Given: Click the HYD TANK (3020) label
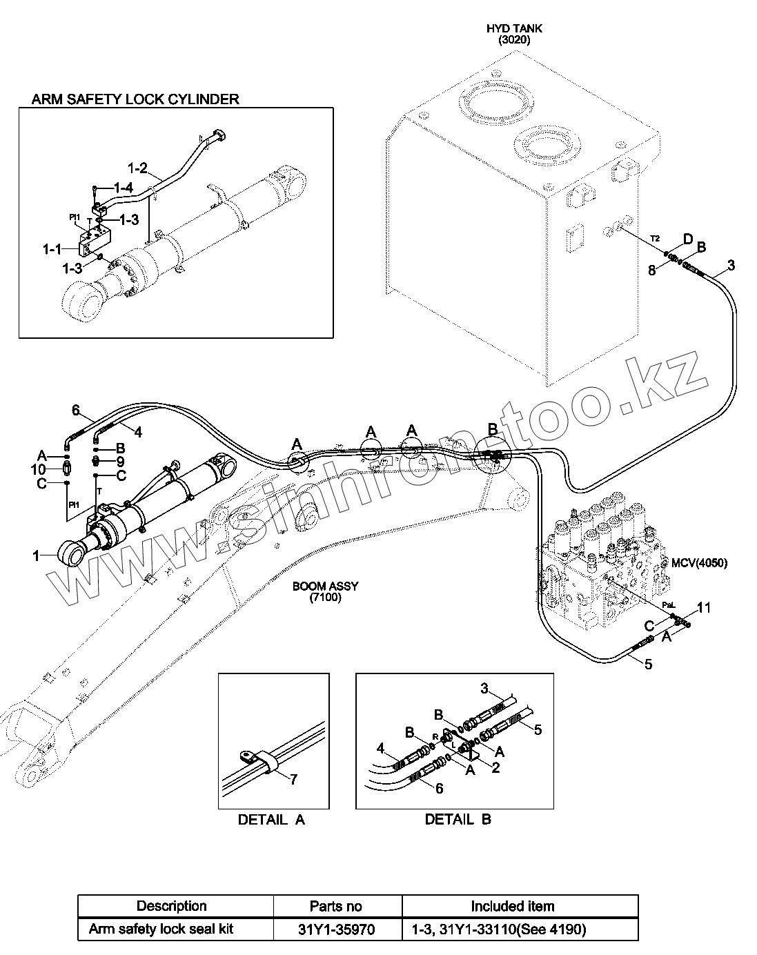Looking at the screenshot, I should coord(514,35).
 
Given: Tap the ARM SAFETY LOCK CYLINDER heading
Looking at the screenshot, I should coord(135,99).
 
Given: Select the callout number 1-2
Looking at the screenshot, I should coord(138,168).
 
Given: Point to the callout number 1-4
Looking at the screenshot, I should coord(123,188).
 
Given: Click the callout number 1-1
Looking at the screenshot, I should coord(52,247).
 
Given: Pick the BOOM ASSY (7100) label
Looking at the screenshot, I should coord(325,592).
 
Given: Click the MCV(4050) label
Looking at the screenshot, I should coord(699,562).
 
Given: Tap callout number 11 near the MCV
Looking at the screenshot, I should coord(703,608).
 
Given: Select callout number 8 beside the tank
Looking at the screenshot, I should coord(651,270).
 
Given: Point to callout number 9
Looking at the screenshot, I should coord(120,461).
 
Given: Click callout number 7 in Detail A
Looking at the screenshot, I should coord(293,780).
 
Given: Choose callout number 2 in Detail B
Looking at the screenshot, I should coord(495,767).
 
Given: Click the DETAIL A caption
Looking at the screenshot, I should coord(271,820).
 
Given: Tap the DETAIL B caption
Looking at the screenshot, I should coord(458,820).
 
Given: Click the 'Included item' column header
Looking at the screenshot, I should coord(512,906).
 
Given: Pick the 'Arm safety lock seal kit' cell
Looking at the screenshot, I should coord(161,929).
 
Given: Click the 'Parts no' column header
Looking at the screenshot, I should coord(336,906).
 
